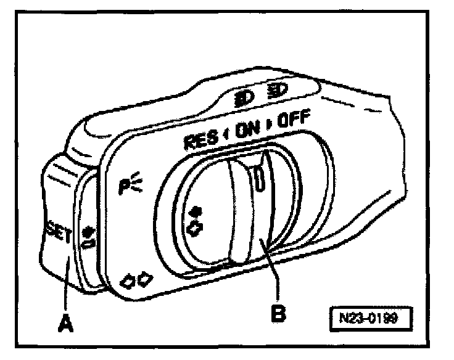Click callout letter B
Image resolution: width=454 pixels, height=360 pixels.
point(280,313)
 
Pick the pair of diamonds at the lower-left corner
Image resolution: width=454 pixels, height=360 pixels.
point(136,279)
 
